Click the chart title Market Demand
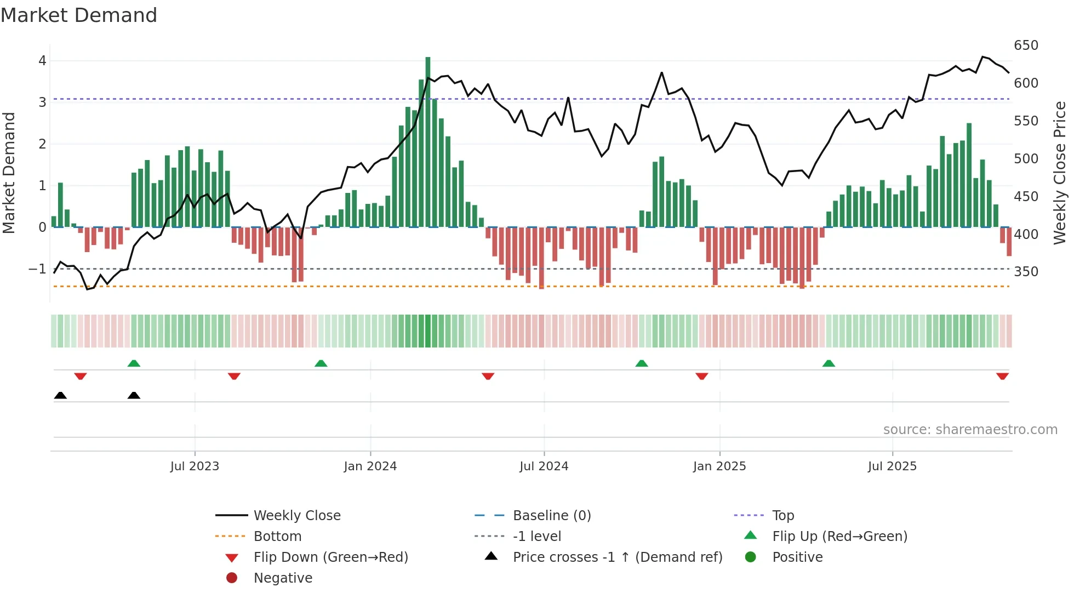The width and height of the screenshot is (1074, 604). (x=79, y=15)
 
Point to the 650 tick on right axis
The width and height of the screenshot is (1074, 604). (x=1026, y=45)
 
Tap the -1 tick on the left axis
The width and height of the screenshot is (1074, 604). (x=38, y=269)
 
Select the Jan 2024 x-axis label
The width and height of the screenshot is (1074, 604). (x=370, y=466)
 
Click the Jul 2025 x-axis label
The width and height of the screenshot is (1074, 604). (x=892, y=466)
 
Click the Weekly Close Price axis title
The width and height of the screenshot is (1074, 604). (x=1060, y=173)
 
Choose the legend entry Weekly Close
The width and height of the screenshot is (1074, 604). (x=296, y=516)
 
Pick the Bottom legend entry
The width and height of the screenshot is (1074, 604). (x=277, y=537)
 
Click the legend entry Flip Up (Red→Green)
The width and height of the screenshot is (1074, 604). (x=839, y=537)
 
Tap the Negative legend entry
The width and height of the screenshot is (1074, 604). (x=283, y=578)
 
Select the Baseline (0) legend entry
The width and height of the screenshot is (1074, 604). (x=551, y=516)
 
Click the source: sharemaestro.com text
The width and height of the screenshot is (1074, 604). (x=970, y=430)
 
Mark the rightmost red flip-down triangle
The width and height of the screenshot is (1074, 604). (x=1002, y=377)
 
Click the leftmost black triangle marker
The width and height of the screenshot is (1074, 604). (x=60, y=395)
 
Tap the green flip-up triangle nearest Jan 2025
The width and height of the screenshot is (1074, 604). (x=641, y=363)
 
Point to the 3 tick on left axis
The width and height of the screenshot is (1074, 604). (x=42, y=102)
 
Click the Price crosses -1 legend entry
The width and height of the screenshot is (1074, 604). (x=617, y=557)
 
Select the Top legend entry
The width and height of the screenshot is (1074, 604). (x=782, y=516)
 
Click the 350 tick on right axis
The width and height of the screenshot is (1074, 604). (x=1026, y=272)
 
